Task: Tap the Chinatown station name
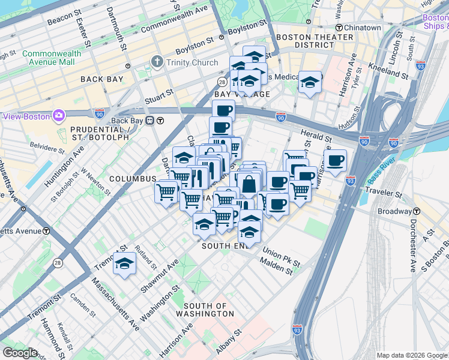click(362, 28)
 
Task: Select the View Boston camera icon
click(59, 115)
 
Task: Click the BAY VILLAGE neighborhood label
click(242, 94)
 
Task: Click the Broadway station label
click(394, 212)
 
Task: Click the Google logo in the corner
click(20, 353)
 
